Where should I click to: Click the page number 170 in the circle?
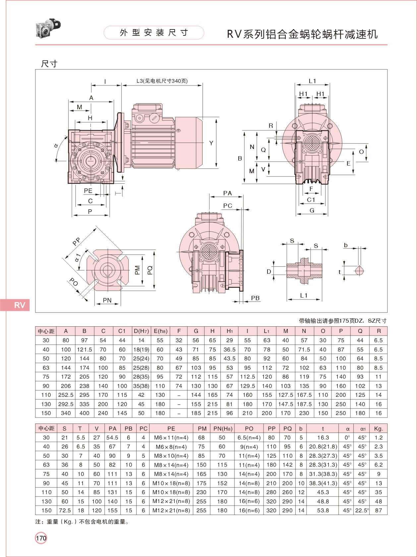coord(41,538)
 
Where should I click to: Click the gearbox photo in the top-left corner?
coord(48,28)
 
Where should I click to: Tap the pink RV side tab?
coord(15,305)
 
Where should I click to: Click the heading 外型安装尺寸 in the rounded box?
coord(154,33)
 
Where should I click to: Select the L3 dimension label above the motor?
coord(162,81)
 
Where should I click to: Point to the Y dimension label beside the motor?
coord(211,143)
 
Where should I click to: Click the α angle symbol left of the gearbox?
coord(56,145)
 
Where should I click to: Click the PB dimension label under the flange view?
coord(255,298)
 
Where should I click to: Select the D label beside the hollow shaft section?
coord(269,271)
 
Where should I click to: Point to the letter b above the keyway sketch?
coord(346,245)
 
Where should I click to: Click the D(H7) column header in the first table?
coord(141,331)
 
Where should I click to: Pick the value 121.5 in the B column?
coord(84,349)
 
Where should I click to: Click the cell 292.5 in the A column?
coord(66,404)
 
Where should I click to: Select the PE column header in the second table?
coord(171,428)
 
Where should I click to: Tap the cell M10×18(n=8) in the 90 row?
coord(171,483)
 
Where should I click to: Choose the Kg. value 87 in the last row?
coord(379,510)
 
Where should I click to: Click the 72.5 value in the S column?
coord(65,510)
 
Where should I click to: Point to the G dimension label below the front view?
coord(312,210)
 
